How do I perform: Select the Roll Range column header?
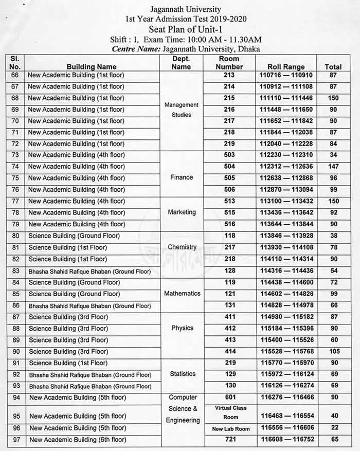(286, 67)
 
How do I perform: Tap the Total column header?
(333, 67)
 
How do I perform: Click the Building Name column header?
(92, 67)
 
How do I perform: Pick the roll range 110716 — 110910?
(286, 76)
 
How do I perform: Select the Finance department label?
(182, 177)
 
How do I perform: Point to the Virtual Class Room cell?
(230, 412)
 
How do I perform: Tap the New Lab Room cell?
(231, 429)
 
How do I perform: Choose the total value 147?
(333, 167)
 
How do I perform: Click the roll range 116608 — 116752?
(286, 440)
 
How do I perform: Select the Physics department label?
(182, 328)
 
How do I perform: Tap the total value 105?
(333, 351)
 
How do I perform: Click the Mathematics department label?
(182, 294)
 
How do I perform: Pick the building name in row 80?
(74, 236)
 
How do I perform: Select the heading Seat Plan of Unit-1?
(186, 29)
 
